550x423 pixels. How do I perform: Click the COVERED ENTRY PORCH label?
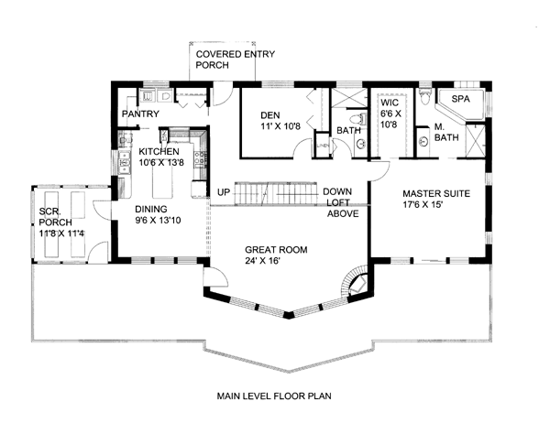[235, 60]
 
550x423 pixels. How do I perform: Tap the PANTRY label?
[140, 114]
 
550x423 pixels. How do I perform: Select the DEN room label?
[270, 115]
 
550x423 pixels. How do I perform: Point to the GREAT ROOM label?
[276, 250]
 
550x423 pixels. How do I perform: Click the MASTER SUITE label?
[436, 193]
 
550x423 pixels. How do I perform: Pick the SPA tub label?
[460, 99]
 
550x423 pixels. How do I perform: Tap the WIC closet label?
[390, 103]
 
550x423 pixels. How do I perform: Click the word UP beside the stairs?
[224, 192]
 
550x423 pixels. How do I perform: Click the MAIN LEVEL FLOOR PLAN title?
[274, 396]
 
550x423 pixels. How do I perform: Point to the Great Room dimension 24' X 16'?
[262, 261]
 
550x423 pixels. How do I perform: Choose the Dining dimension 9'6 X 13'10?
[158, 221]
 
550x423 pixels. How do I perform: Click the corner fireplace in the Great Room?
[358, 282]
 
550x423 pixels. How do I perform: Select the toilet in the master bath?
[424, 95]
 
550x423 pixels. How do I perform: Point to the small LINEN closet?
[322, 145]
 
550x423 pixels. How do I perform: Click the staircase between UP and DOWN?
[276, 193]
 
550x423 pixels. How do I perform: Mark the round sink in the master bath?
[423, 142]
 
